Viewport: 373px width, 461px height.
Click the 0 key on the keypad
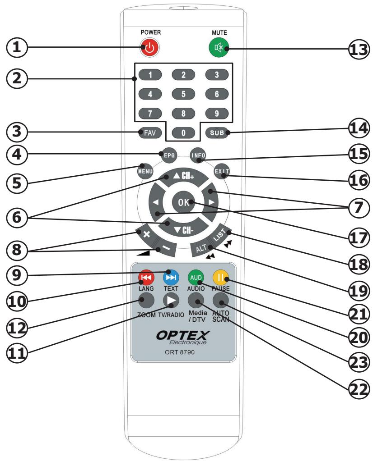tap(183, 132)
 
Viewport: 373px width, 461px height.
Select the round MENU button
tap(146, 172)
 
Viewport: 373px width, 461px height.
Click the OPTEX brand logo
tap(183, 336)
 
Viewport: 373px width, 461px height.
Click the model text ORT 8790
tap(183, 354)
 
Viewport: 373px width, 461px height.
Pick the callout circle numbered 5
tap(16, 182)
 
